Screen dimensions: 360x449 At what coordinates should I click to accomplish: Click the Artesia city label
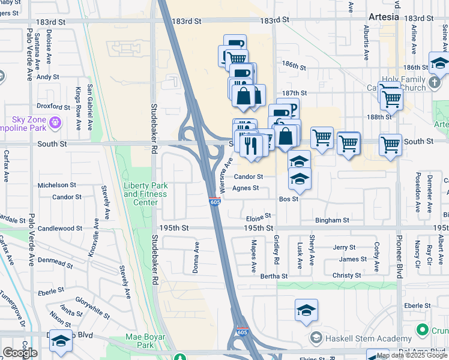[x=384, y=17]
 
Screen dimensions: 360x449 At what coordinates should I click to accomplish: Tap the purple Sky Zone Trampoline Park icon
[x=56, y=123]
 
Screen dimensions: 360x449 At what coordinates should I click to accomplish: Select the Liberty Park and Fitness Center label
[x=140, y=194]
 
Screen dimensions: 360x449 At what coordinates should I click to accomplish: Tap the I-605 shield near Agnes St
[x=215, y=202]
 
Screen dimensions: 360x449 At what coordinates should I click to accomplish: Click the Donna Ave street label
[x=196, y=257]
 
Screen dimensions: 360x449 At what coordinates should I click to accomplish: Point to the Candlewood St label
[x=60, y=229]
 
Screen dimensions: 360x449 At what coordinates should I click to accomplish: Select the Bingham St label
[x=332, y=221]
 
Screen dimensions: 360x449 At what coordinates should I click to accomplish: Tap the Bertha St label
[x=274, y=277]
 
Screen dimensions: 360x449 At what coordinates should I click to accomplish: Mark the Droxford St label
[x=53, y=107]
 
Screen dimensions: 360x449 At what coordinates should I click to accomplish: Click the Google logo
[x=20, y=353]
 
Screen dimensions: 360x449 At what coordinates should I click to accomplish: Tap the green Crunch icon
[x=422, y=330]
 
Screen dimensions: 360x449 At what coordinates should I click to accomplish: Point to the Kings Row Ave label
[x=78, y=109]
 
